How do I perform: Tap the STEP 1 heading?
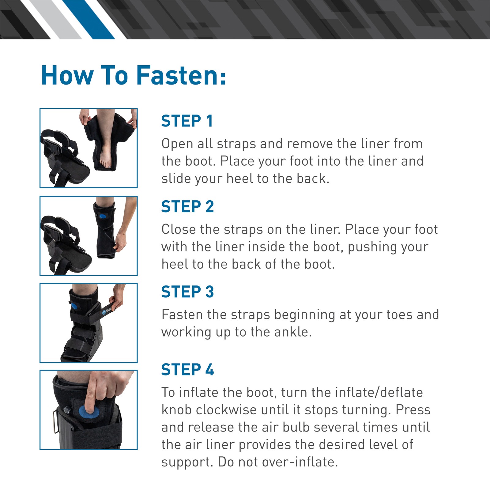coord(187,121)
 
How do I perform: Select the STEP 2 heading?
coord(187,207)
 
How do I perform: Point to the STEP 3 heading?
coord(187,292)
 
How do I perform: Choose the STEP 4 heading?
coord(187,370)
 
